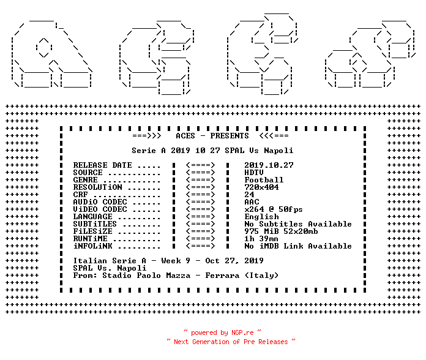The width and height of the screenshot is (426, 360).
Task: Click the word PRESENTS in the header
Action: tap(230, 136)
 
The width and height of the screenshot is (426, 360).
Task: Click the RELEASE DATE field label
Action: tap(102, 165)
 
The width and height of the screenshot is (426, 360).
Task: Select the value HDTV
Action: tap(254, 173)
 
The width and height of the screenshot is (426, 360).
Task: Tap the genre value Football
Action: tap(264, 180)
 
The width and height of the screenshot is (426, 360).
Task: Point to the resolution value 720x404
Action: tap(261, 187)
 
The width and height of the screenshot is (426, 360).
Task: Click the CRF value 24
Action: tap(249, 195)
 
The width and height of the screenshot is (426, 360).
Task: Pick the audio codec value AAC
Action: tap(252, 202)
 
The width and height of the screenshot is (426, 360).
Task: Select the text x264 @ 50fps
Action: tap(274, 209)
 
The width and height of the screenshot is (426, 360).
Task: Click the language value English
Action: tap(261, 217)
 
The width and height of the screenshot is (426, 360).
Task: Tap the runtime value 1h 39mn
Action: tap(261, 239)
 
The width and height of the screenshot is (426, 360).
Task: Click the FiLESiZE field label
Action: tap(92, 231)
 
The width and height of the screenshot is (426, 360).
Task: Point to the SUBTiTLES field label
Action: tap(95, 224)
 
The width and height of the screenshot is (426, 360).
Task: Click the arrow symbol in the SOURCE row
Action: tap(201, 173)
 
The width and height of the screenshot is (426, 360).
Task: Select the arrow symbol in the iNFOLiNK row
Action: tap(201, 246)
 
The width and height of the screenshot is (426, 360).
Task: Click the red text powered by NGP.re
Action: tap(222, 332)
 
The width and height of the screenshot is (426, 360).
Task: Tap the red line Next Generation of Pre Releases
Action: tap(231, 342)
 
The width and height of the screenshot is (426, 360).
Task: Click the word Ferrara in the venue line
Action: tap(222, 276)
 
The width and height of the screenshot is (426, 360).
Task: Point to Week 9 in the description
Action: tap(176, 261)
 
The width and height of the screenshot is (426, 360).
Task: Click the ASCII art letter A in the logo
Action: tap(51, 54)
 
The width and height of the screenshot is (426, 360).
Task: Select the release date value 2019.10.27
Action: tap(269, 165)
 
